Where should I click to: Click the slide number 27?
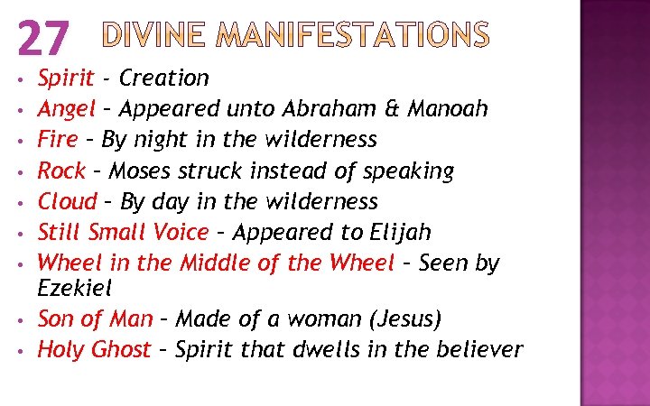pos(42,39)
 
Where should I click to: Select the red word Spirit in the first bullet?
pos(65,79)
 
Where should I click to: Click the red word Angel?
pos(66,110)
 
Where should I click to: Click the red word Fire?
pos(57,140)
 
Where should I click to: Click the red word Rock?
pos(60,171)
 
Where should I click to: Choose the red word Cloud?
pos(67,201)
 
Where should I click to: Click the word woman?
pos(317,319)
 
